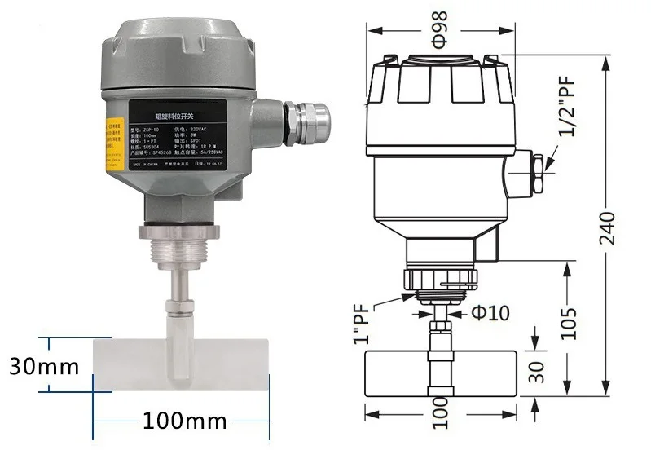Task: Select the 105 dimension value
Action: pyautogui.click(x=570, y=323)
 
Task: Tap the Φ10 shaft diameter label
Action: pyautogui.click(x=488, y=311)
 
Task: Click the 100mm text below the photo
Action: pyautogui.click(x=184, y=421)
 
